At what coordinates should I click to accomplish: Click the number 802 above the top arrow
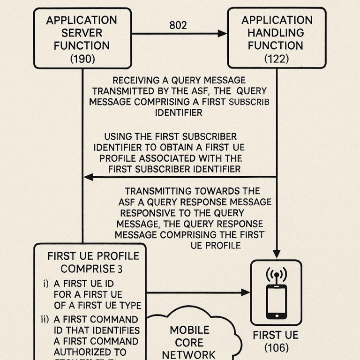pos(178,25)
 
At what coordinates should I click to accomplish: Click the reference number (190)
pos(82,59)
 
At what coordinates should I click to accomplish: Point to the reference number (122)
pos(277,59)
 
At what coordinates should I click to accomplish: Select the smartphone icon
pos(276,301)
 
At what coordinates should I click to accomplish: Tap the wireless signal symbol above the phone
pos(276,274)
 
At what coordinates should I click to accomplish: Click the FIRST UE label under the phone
pos(276,336)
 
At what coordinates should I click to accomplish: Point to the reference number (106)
pos(276,348)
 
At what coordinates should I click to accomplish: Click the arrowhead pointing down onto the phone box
pos(277,255)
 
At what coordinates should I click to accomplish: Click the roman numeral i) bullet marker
pos(45,284)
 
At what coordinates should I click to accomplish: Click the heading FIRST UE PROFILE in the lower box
pos(93,256)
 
